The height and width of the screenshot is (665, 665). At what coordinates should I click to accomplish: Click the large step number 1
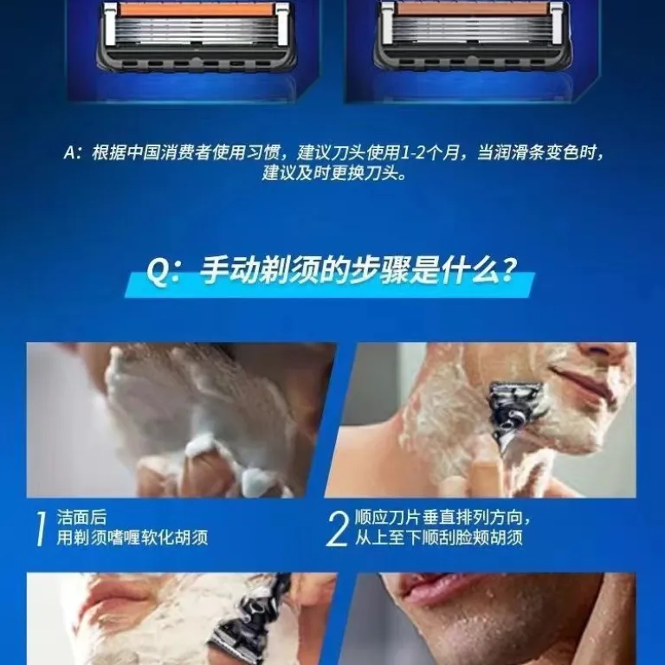point(41,528)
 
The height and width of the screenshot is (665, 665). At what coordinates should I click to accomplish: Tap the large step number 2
point(337,528)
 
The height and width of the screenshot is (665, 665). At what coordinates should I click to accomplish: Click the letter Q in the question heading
point(157,271)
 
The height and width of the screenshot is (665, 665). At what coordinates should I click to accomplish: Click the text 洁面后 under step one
point(81,518)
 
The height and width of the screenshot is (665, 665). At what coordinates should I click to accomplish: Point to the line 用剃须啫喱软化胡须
point(132,538)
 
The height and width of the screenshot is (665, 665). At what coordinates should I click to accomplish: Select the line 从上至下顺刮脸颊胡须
point(438,538)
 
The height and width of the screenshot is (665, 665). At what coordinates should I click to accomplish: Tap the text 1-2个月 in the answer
point(430,152)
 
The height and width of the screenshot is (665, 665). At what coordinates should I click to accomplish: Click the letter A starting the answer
point(69,152)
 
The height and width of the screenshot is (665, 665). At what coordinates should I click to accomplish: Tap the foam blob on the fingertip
point(202,447)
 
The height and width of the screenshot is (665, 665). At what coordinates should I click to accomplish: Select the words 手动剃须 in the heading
point(258,270)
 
